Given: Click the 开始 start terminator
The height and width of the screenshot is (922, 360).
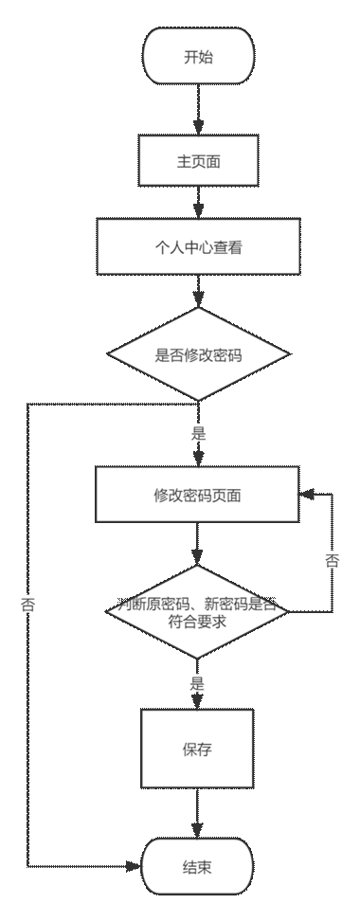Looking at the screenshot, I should click(x=198, y=57).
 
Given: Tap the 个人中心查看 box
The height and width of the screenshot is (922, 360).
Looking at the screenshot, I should click(x=198, y=247).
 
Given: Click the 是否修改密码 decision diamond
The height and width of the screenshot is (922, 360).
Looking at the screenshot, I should click(x=198, y=356).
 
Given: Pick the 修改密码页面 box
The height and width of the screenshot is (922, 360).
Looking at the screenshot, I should click(x=198, y=495).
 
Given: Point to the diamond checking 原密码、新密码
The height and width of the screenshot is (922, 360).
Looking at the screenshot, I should click(x=198, y=612).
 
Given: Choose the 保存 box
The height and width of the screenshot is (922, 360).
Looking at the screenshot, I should click(x=198, y=749).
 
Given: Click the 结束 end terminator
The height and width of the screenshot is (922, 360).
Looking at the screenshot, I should click(x=198, y=867).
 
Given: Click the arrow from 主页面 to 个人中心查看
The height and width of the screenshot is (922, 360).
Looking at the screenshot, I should click(x=198, y=201).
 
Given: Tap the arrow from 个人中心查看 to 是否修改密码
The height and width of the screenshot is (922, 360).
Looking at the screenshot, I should click(x=198, y=291).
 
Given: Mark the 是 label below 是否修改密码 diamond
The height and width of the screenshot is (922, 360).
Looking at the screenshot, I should click(x=199, y=433).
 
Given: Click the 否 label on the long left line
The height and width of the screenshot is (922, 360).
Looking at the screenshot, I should click(x=27, y=605).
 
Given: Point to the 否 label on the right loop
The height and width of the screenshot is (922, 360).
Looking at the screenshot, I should click(x=333, y=560).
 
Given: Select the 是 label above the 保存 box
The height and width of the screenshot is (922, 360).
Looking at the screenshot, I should click(x=197, y=681).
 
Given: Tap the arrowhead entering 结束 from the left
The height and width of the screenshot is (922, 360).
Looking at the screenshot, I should click(x=135, y=866).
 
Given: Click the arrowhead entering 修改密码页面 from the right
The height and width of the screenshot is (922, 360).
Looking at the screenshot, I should click(x=305, y=495).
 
